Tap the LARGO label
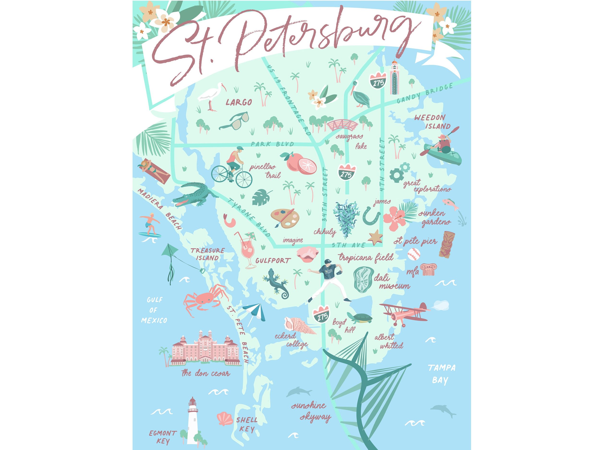click(x=239, y=102)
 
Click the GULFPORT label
click(x=273, y=261)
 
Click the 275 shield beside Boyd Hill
click(x=322, y=314)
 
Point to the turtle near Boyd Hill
click(x=360, y=318)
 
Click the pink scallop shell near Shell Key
click(x=225, y=419)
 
